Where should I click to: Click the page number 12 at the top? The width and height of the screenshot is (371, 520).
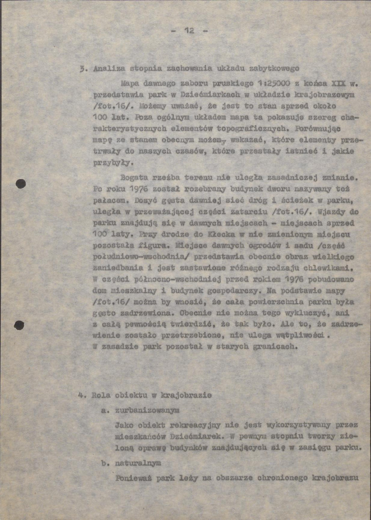point(189,30)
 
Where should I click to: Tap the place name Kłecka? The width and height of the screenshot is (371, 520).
point(216,235)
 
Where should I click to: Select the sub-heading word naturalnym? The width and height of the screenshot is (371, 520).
point(139,463)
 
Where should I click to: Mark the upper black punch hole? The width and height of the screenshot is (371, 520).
point(20,184)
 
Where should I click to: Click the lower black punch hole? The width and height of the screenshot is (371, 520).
point(19,324)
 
